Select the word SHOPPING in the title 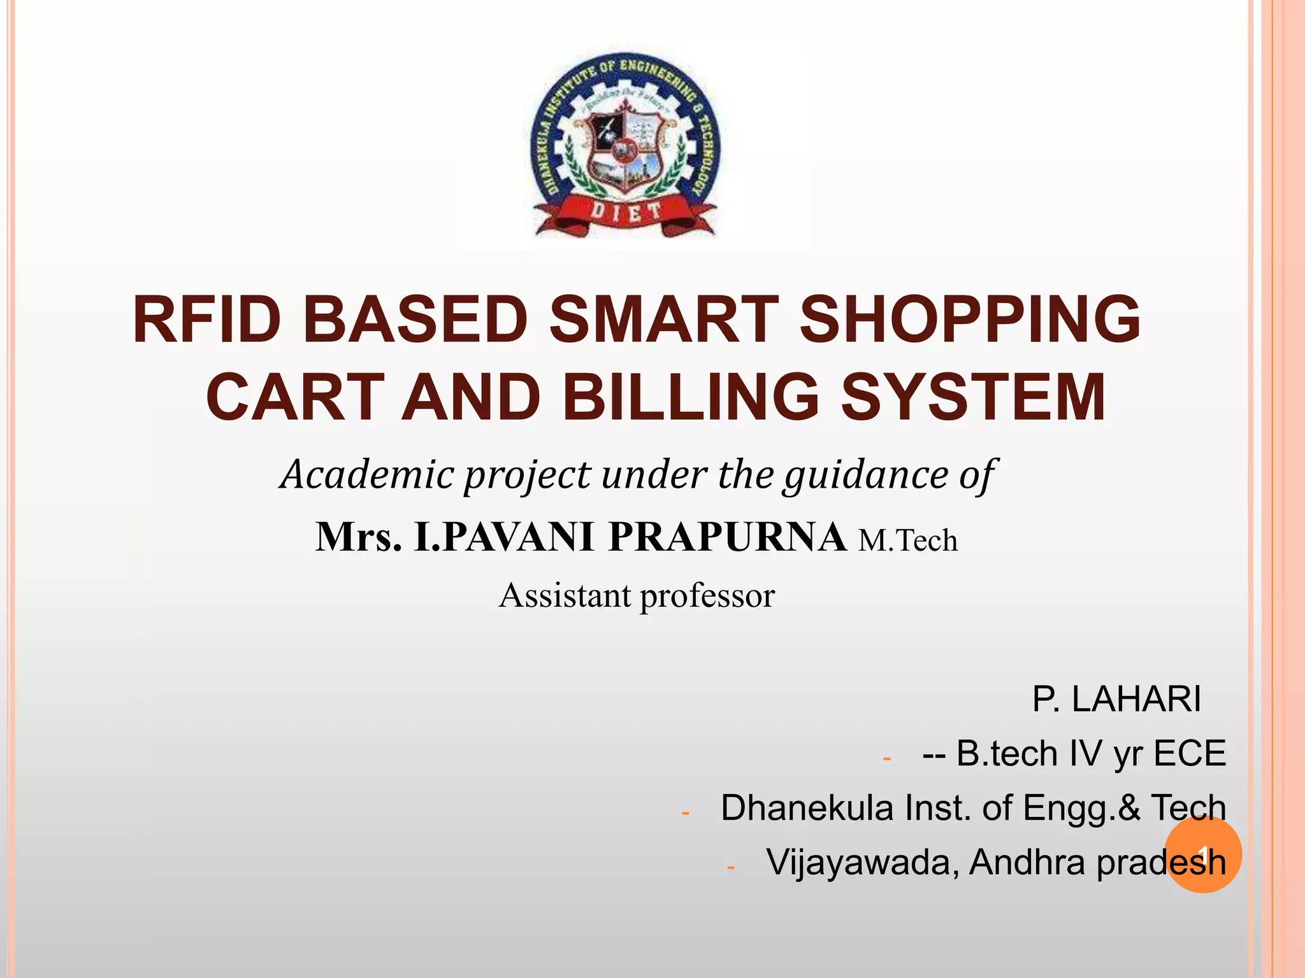(970, 320)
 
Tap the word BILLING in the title (691, 398)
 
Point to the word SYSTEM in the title (973, 398)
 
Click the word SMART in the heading (663, 320)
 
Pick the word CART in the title (295, 398)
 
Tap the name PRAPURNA (727, 537)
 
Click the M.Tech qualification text (907, 541)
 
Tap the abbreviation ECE (1190, 753)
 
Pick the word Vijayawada (862, 862)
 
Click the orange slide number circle (1203, 854)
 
